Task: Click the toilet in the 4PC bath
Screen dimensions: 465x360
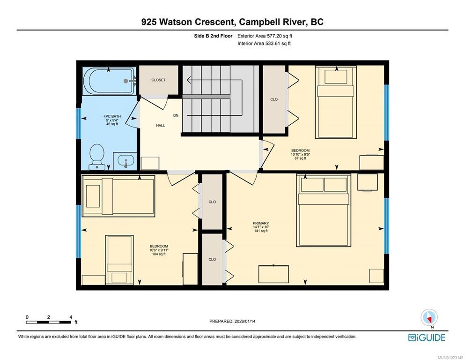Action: [97, 157]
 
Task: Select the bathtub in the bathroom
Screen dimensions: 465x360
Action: [109, 81]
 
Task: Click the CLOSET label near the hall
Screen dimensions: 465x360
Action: [158, 80]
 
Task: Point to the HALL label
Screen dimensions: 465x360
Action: [161, 126]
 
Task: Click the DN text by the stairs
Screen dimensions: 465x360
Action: [176, 115]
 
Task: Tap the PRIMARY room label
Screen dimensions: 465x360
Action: [261, 223]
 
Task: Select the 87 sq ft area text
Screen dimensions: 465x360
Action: [300, 158]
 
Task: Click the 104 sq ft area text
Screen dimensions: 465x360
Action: [159, 254]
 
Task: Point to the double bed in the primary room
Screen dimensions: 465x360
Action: [324, 210]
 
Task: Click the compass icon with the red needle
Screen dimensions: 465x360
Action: [429, 318]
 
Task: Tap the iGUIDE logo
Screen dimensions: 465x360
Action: [427, 337]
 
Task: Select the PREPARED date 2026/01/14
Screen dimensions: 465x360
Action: [232, 321]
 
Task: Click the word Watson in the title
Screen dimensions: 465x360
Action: [177, 22]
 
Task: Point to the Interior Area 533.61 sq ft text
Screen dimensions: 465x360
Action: [264, 43]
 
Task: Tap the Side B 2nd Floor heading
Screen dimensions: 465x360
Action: [213, 36]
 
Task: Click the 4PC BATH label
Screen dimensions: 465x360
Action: [112, 116]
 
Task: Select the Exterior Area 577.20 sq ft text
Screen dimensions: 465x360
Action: [265, 36]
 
